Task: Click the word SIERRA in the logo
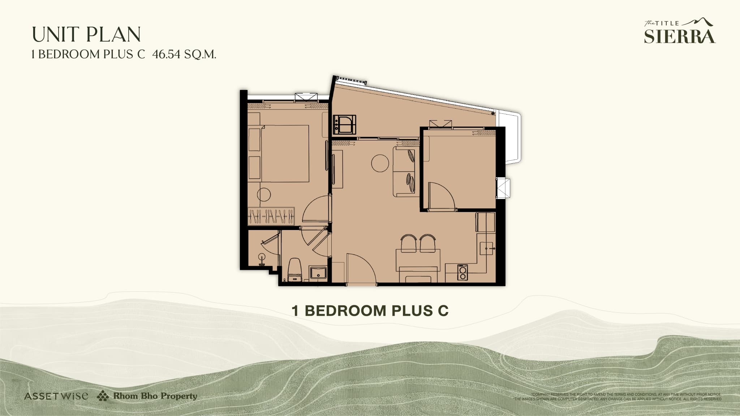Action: (679, 36)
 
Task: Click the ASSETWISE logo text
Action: (56, 396)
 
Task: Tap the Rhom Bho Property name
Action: (155, 396)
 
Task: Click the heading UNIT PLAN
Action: (86, 35)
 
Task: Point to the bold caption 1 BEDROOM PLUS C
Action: (370, 311)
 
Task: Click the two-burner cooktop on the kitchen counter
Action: (462, 272)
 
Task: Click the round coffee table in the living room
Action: (380, 163)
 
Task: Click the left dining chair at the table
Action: (408, 243)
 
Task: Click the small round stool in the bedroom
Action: (264, 195)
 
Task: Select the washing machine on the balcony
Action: (344, 124)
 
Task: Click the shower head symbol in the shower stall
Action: (262, 257)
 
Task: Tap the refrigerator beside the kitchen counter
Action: (485, 222)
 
